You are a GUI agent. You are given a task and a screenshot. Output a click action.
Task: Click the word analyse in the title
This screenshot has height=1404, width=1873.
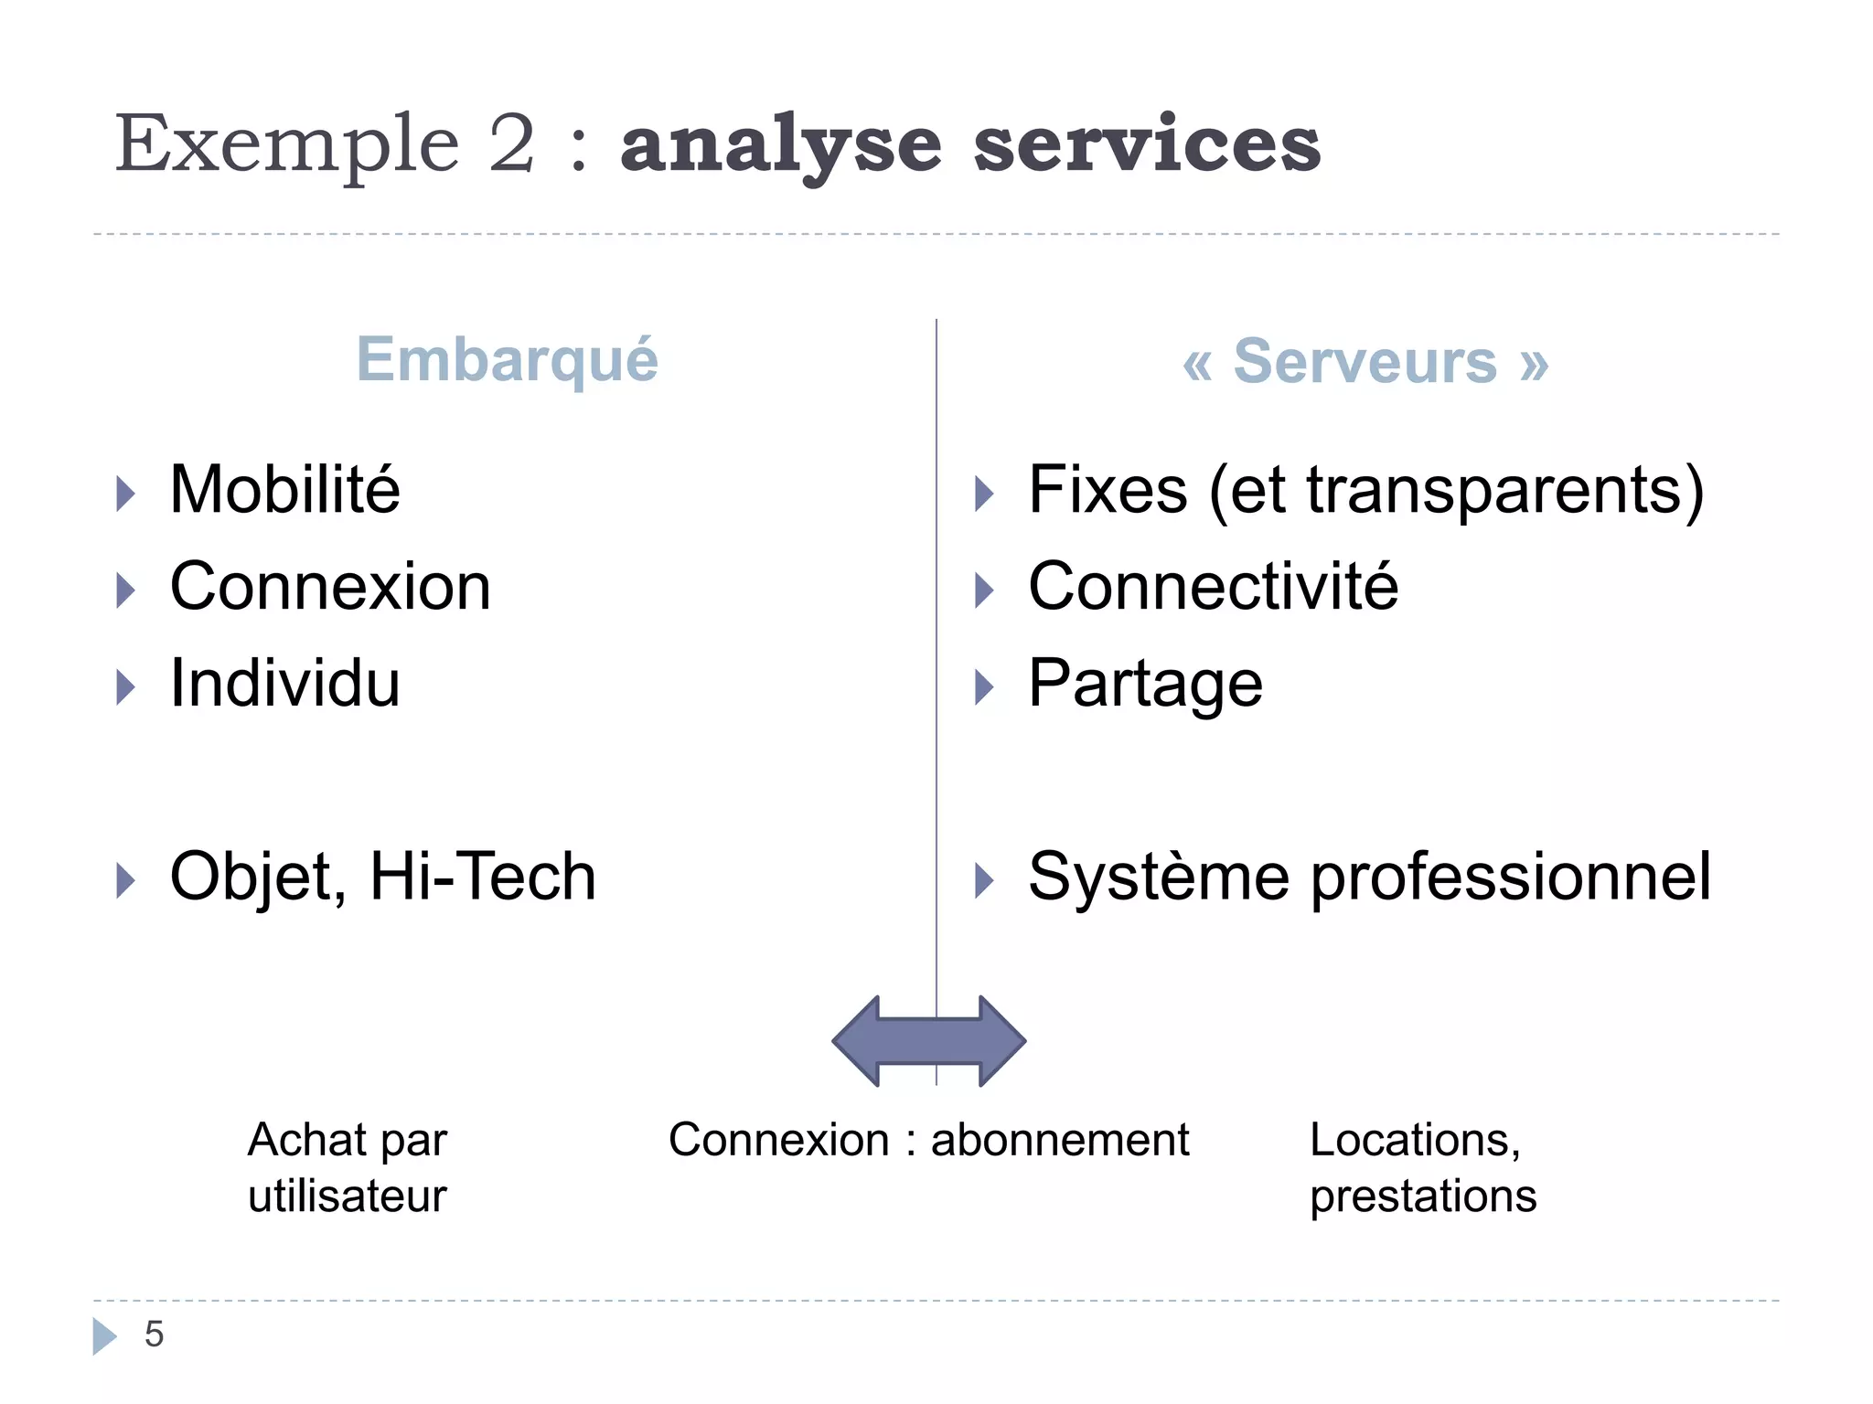(780, 146)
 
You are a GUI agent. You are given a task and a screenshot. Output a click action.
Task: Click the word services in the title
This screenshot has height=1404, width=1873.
(1147, 146)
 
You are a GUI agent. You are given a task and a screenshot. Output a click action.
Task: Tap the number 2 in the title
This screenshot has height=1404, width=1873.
(511, 144)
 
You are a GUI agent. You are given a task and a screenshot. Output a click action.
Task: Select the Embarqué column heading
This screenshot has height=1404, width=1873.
(507, 360)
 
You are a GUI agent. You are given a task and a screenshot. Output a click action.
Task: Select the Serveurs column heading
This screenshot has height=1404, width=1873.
(1365, 362)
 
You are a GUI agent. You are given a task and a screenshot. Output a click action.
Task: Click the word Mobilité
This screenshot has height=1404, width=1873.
(284, 490)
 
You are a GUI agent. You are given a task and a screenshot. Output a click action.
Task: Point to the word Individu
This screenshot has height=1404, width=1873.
(284, 683)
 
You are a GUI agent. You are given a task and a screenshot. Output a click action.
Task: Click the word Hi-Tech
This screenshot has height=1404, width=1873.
(482, 877)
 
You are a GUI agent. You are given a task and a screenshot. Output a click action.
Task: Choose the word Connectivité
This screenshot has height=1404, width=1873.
(1213, 586)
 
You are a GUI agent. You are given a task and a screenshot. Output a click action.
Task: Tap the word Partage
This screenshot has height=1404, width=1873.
(1145, 685)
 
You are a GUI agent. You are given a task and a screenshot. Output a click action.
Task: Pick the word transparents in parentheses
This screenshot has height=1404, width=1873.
(1496, 492)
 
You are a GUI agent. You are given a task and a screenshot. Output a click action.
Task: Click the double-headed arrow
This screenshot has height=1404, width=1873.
(928, 1041)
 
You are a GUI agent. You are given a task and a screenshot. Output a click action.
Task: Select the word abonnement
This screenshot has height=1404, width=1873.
(1059, 1141)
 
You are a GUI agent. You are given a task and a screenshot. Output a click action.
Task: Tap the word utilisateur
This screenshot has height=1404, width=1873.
(347, 1197)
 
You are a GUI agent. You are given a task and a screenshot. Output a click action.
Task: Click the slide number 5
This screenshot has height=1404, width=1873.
(154, 1335)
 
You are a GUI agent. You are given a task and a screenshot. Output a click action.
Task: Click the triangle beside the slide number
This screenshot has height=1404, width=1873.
(104, 1335)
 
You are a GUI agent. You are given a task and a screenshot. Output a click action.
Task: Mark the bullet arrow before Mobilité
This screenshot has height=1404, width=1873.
(125, 494)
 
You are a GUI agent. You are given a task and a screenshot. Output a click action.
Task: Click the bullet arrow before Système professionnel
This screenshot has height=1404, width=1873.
(984, 880)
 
